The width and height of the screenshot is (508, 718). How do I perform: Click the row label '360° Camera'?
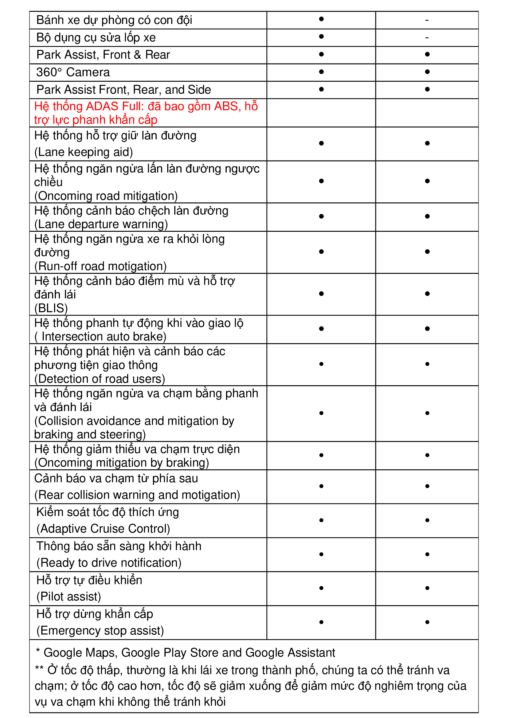pos(73,72)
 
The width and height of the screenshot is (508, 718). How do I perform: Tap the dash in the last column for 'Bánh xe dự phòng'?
pos(427,20)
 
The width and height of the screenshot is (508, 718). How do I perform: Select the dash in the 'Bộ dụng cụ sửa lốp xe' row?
pos(427,38)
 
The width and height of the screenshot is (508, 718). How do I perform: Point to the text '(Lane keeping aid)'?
pos(84,152)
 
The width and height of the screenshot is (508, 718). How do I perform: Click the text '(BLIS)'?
pos(51,308)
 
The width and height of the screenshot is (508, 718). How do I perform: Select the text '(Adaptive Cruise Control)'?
pos(103,529)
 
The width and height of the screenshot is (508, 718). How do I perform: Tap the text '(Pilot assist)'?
pos(68,596)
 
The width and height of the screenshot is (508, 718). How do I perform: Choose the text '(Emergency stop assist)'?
pos(100,631)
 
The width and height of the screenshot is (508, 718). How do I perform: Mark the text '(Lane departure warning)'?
pos(101,224)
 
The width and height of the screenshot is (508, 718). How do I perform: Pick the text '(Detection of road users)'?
pos(100,379)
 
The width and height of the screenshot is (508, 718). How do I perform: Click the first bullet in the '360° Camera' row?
pos(321,72)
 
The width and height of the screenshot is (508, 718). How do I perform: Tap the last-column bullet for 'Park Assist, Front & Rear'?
pos(427,54)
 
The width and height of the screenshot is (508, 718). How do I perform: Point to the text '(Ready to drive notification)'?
pos(109,563)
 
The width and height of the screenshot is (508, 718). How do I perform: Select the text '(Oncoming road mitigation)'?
pos(106,196)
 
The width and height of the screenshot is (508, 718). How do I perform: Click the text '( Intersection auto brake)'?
pos(100,336)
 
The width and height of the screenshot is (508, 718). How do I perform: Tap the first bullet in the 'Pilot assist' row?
pos(321,588)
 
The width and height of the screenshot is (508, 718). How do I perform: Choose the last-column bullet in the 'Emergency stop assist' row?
pos(427,622)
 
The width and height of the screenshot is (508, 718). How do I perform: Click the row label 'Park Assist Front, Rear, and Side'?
pos(123,90)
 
